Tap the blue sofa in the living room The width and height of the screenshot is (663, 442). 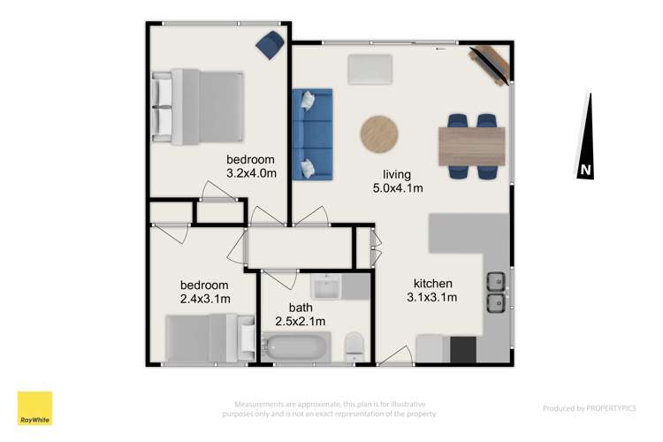(313, 133)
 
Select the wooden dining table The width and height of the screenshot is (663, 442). (471, 147)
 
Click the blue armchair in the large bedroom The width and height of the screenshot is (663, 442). (271, 42)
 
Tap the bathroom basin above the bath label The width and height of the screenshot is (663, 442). (327, 287)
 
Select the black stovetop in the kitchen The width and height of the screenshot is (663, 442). (463, 349)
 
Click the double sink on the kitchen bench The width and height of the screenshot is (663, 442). (495, 293)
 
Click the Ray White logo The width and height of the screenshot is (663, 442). (34, 408)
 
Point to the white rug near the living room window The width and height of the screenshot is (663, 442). (370, 70)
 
